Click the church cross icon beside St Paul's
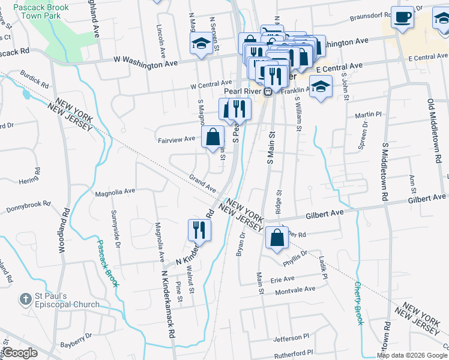(x=25, y=298)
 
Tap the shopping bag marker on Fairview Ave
(x=212, y=137)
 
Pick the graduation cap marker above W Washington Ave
(x=200, y=43)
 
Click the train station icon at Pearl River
(x=268, y=91)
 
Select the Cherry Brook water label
(x=358, y=303)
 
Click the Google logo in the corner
(x=20, y=353)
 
